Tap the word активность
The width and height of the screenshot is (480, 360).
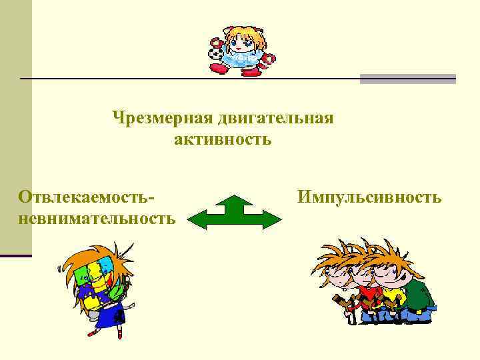click(223, 139)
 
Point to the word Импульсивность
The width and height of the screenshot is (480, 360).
click(369, 197)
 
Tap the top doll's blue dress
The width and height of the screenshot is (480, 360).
click(238, 61)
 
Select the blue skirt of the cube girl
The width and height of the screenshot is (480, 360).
click(109, 315)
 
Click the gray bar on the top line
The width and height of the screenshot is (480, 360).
click(407, 79)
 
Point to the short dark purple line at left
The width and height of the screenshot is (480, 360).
click(16, 255)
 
